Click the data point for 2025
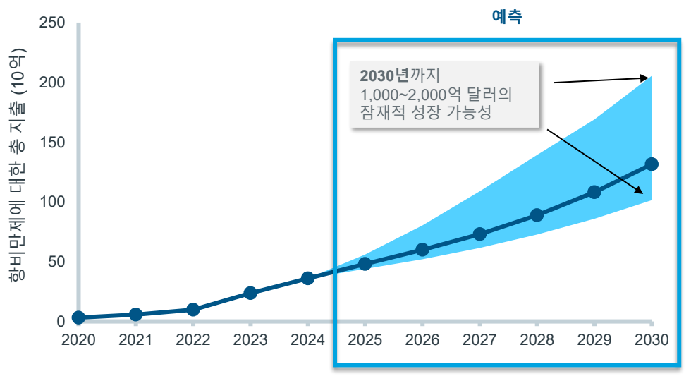(365, 264)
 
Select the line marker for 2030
(652, 164)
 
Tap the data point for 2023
(250, 293)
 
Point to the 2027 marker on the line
(479, 234)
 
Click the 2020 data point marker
(78, 317)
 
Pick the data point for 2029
(594, 192)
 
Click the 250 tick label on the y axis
(51, 23)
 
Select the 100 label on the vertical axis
(51, 202)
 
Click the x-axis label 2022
(192, 340)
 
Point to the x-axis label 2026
(422, 340)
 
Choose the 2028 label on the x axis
(537, 340)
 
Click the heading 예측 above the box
(506, 17)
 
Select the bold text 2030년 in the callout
(385, 75)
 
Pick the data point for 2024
(307, 278)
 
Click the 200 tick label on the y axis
(51, 83)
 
